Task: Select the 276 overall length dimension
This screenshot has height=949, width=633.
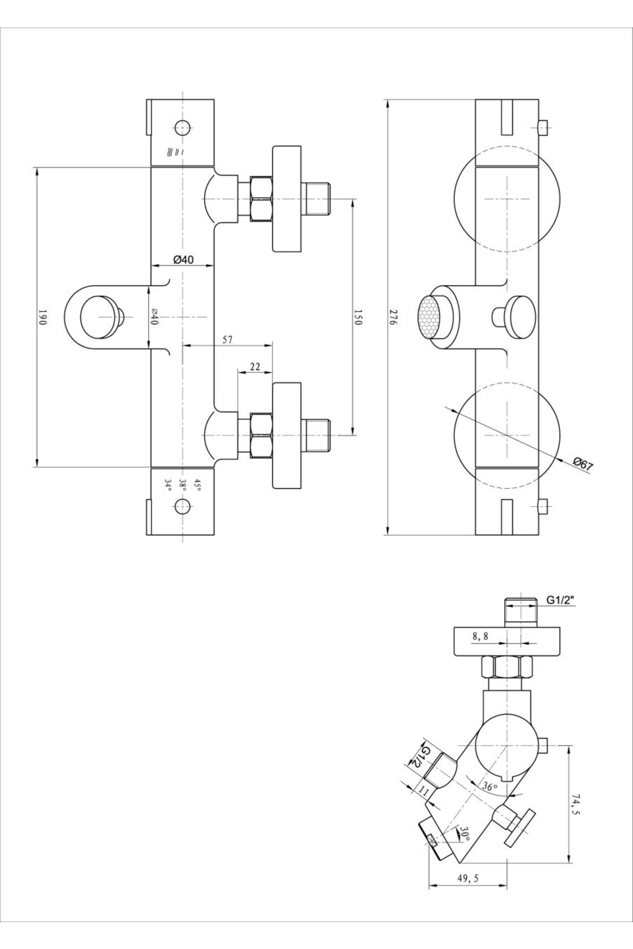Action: coord(393,317)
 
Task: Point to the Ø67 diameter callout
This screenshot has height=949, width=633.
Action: coord(583,464)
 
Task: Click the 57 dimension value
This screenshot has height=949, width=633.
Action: coord(227,340)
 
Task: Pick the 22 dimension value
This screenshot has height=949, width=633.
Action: coord(255,367)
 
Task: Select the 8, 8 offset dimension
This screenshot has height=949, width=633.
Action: coord(480,636)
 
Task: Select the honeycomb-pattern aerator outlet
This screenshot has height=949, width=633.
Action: coord(429,317)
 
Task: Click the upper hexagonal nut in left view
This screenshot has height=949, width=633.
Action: coord(261,199)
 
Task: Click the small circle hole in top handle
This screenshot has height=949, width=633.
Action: coord(183,127)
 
